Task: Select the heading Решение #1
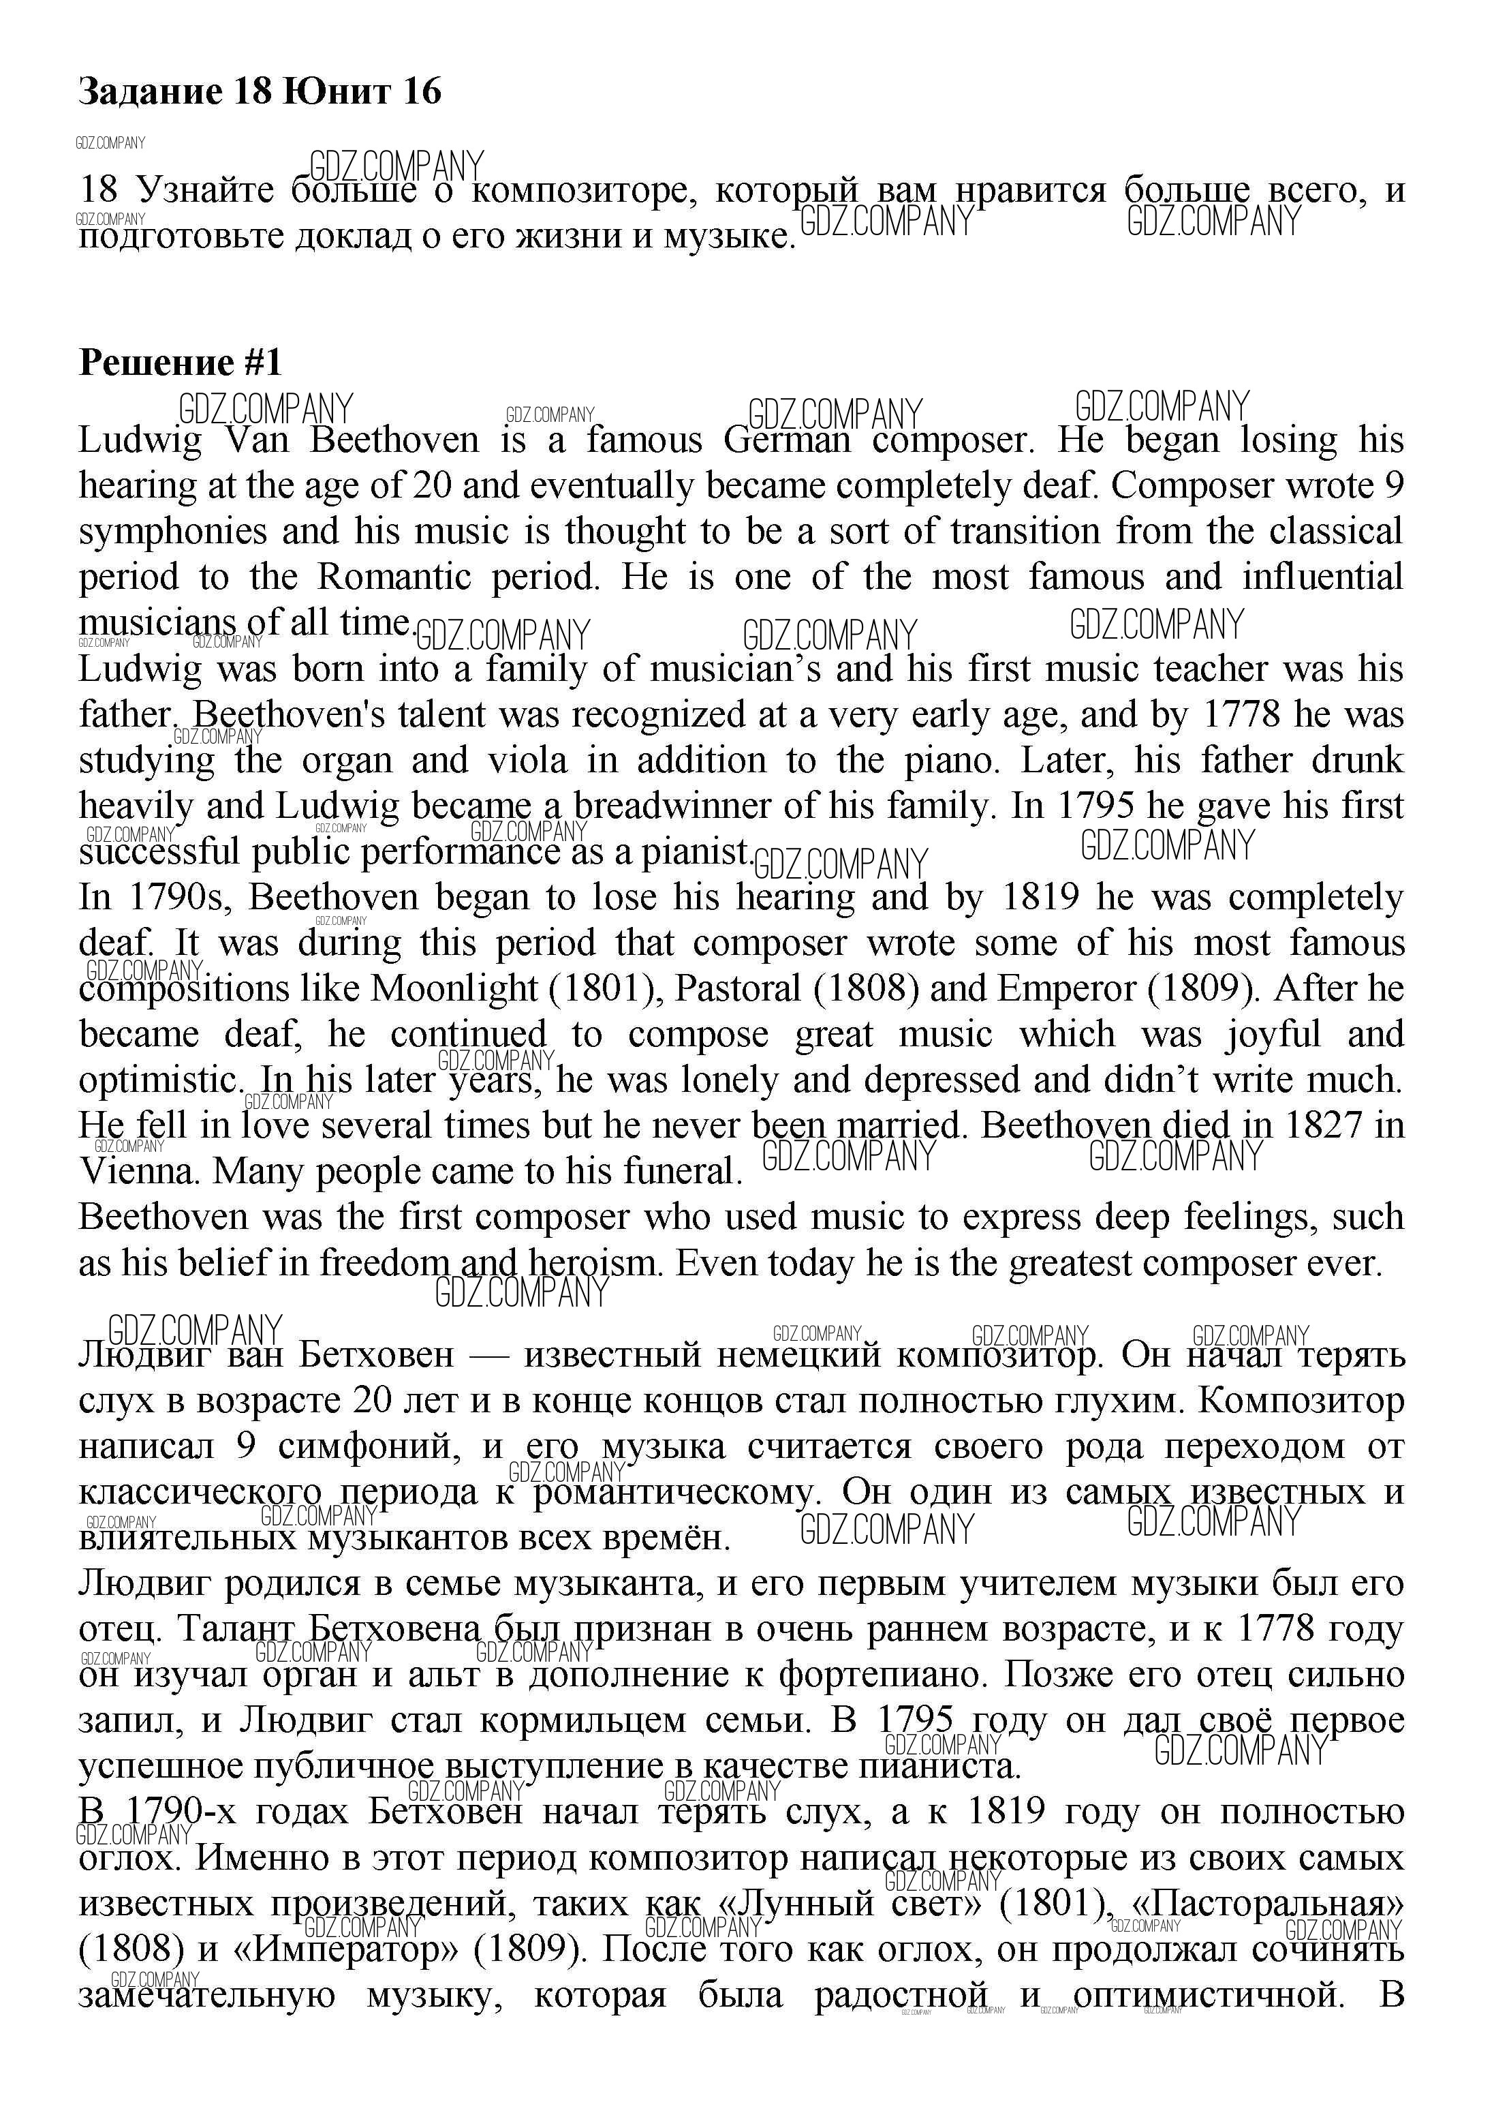pyautogui.click(x=181, y=362)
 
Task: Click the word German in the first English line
pyautogui.click(x=786, y=440)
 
